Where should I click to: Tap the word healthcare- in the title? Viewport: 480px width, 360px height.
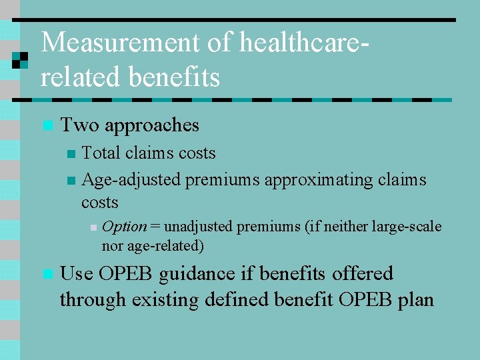pyautogui.click(x=304, y=43)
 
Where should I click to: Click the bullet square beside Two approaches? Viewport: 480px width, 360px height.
pyautogui.click(x=46, y=125)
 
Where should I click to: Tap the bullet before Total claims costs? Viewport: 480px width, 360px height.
pyautogui.click(x=72, y=154)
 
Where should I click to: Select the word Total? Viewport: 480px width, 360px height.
pyautogui.click(x=100, y=153)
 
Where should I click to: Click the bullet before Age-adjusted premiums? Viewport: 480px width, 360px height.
pyautogui.click(x=72, y=181)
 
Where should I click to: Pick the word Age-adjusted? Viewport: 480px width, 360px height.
pyautogui.click(x=131, y=180)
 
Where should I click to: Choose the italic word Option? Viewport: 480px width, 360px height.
pyautogui.click(x=125, y=227)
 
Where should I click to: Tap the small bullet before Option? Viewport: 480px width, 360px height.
pyautogui.click(x=94, y=227)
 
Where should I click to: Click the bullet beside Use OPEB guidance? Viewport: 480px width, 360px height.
pyautogui.click(x=46, y=274)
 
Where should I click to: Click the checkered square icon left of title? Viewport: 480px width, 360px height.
pyautogui.click(x=19, y=61)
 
